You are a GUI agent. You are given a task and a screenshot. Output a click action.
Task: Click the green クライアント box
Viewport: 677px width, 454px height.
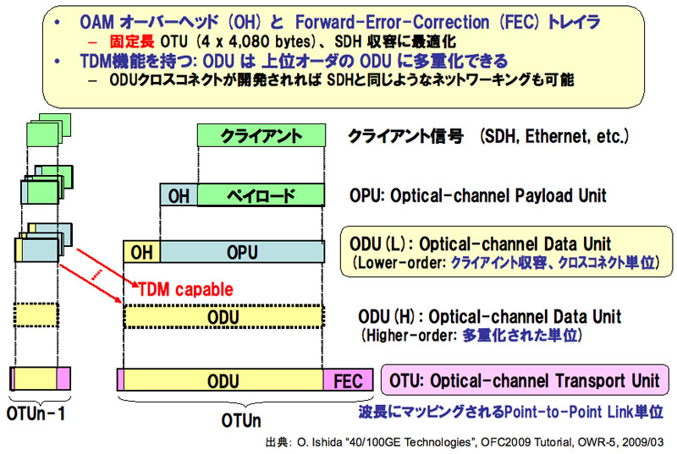261,135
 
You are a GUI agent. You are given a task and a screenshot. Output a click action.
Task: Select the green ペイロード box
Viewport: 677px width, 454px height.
261,195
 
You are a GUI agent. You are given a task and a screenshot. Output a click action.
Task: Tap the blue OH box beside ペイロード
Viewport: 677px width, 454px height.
179,195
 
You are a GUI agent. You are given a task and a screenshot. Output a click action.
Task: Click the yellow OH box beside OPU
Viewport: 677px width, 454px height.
141,252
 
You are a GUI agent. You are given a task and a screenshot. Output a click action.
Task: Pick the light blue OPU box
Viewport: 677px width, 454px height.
242,252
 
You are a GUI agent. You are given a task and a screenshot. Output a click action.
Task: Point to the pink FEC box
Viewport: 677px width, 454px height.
348,380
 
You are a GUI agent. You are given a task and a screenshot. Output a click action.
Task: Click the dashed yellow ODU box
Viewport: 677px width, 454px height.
223,317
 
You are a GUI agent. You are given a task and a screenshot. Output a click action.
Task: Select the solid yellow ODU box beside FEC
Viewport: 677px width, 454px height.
223,380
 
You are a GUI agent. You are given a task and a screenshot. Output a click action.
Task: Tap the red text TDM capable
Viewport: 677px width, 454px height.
185,289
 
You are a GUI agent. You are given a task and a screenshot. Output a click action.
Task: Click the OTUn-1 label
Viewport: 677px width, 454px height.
36,413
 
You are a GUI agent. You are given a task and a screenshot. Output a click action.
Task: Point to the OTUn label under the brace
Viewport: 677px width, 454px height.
241,420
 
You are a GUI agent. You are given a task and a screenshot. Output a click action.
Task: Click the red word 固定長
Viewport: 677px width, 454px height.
132,41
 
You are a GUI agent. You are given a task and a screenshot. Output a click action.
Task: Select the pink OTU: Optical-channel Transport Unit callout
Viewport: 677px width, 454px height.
525,380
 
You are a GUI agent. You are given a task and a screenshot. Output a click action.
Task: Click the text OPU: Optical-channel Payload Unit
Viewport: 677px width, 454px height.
478,195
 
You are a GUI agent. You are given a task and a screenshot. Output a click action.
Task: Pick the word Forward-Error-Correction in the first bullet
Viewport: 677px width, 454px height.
392,21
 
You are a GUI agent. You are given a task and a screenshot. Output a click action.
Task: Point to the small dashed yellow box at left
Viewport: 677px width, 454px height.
36,315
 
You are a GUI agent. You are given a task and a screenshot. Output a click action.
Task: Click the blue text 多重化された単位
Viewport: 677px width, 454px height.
520,335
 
